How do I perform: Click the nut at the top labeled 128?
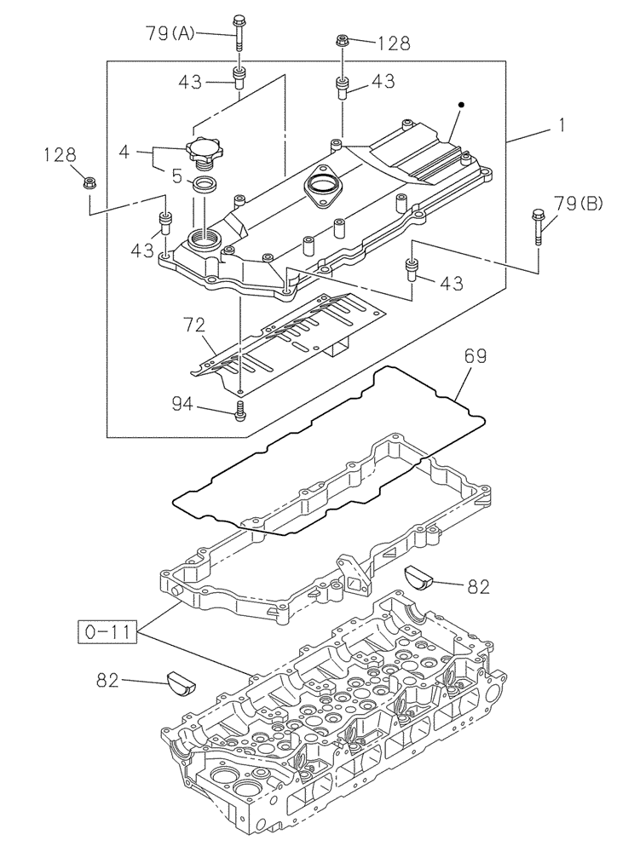(x=342, y=40)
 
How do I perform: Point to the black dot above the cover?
(x=460, y=105)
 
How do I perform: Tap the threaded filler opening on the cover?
(x=205, y=238)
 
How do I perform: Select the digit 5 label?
(x=176, y=176)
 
